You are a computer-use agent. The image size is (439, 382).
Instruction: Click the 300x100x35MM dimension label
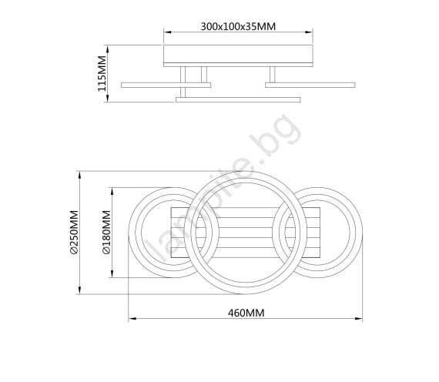pyautogui.click(x=238, y=26)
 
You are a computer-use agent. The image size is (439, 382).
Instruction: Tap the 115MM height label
pyautogui.click(x=102, y=73)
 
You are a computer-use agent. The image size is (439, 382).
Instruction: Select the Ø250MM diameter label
pyautogui.click(x=75, y=232)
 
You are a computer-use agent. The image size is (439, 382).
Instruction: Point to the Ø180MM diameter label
pyautogui.click(x=107, y=232)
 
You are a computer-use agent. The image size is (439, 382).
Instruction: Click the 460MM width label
pyautogui.click(x=246, y=313)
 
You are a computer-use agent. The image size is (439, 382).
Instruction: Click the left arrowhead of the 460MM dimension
pyautogui.click(x=132, y=318)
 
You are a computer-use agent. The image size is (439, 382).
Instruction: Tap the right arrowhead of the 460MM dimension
pyautogui.click(x=359, y=318)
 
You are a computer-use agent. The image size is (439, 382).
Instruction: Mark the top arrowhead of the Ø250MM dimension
pyautogui.click(x=80, y=176)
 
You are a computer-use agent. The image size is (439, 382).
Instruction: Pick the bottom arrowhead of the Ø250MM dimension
pyautogui.click(x=80, y=290)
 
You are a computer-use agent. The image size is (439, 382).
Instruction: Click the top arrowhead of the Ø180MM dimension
pyautogui.click(x=112, y=192)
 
